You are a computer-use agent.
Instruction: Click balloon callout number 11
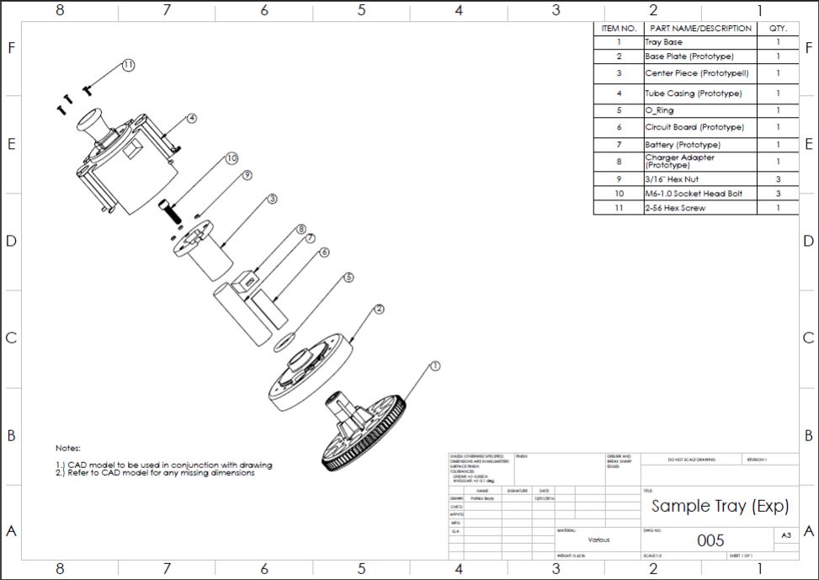[x=128, y=65]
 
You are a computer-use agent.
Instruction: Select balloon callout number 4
[x=192, y=119]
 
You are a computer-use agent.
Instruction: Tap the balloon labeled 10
[x=231, y=157]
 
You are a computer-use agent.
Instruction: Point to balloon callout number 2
[x=379, y=309]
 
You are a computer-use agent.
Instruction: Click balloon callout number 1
[x=434, y=366]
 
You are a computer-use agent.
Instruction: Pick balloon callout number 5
[x=348, y=276]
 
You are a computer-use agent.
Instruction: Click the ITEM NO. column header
[x=618, y=28]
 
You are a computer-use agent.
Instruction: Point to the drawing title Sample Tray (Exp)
[x=720, y=506]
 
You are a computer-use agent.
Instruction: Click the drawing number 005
[x=710, y=540]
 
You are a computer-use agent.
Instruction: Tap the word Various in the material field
[x=598, y=540]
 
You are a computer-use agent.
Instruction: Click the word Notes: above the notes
[x=68, y=449]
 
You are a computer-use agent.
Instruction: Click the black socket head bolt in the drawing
[x=173, y=206]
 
